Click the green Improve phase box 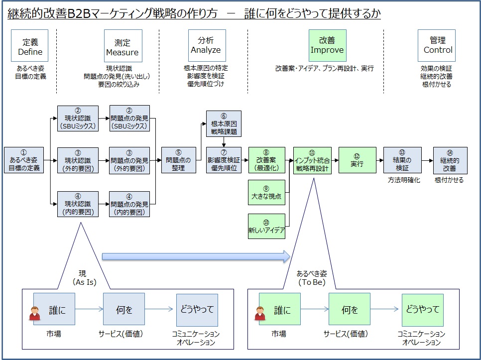(x=327, y=45)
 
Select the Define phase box (x=29, y=45)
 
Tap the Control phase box (x=437, y=45)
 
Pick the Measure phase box (x=123, y=46)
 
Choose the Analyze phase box (x=207, y=45)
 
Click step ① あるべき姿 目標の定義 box (x=24, y=160)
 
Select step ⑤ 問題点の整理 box (x=179, y=160)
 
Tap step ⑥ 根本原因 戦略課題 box (x=224, y=123)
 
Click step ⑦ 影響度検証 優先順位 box (x=224, y=160)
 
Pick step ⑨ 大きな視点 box (x=266, y=192)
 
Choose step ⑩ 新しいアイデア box (x=266, y=226)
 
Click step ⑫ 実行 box (x=358, y=160)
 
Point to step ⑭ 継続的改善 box (x=450, y=160)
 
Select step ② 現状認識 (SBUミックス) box (x=78, y=119)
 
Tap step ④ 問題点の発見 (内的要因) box (x=129, y=204)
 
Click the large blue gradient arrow (x=196, y=256)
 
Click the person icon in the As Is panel (x=35, y=313)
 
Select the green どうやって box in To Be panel (x=423, y=310)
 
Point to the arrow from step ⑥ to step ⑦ (x=224, y=142)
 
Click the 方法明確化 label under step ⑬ (x=404, y=180)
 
